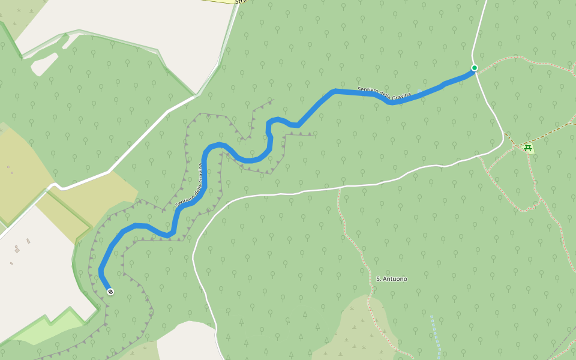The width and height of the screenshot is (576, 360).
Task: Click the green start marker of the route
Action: [474, 68]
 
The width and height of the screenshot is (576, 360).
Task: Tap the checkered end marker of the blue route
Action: [110, 292]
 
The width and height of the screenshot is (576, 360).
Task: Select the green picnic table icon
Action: [528, 148]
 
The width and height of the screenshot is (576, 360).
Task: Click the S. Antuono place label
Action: [391, 279]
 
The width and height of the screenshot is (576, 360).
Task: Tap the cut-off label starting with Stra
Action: [241, 2]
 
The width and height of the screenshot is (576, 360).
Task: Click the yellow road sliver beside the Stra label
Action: [219, 1]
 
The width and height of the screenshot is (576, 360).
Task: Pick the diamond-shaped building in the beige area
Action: [17, 250]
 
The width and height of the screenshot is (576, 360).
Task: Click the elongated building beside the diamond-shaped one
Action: [28, 241]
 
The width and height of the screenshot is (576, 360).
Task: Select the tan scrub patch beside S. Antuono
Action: [354, 327]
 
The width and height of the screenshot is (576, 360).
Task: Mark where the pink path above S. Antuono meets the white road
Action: [339, 188]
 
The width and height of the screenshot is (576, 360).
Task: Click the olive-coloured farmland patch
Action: [18, 174]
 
